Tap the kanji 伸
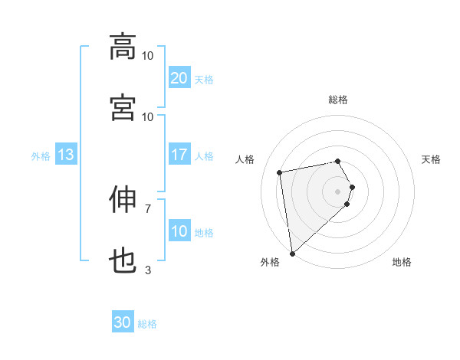tap(123, 200)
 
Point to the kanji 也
tap(123, 262)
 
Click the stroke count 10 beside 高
tap(148, 56)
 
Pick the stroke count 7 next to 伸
tap(148, 208)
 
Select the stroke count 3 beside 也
tap(148, 270)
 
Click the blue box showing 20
tap(179, 78)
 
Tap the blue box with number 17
tap(179, 155)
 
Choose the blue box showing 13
tap(66, 155)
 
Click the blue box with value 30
tap(123, 322)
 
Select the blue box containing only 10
tap(179, 231)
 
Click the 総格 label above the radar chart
tap(338, 100)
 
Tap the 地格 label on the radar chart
tap(402, 263)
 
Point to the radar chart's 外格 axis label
tap(270, 263)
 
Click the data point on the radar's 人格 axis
tap(280, 172)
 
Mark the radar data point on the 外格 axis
tap(292, 253)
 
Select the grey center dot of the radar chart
tap(338, 191)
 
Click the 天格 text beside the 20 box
tap(204, 79)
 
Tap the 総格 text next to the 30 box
tap(147, 324)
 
